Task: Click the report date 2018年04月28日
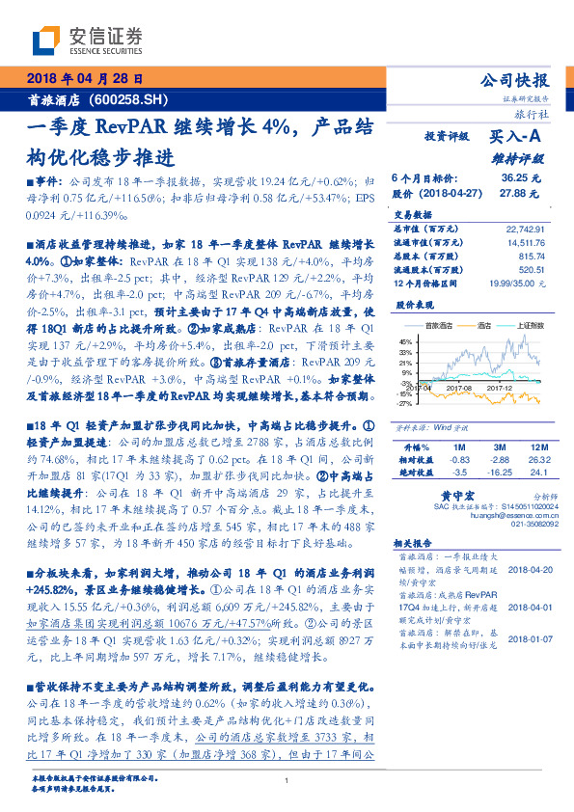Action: [84, 78]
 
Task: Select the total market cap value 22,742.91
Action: [524, 229]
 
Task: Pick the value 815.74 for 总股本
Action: [530, 257]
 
